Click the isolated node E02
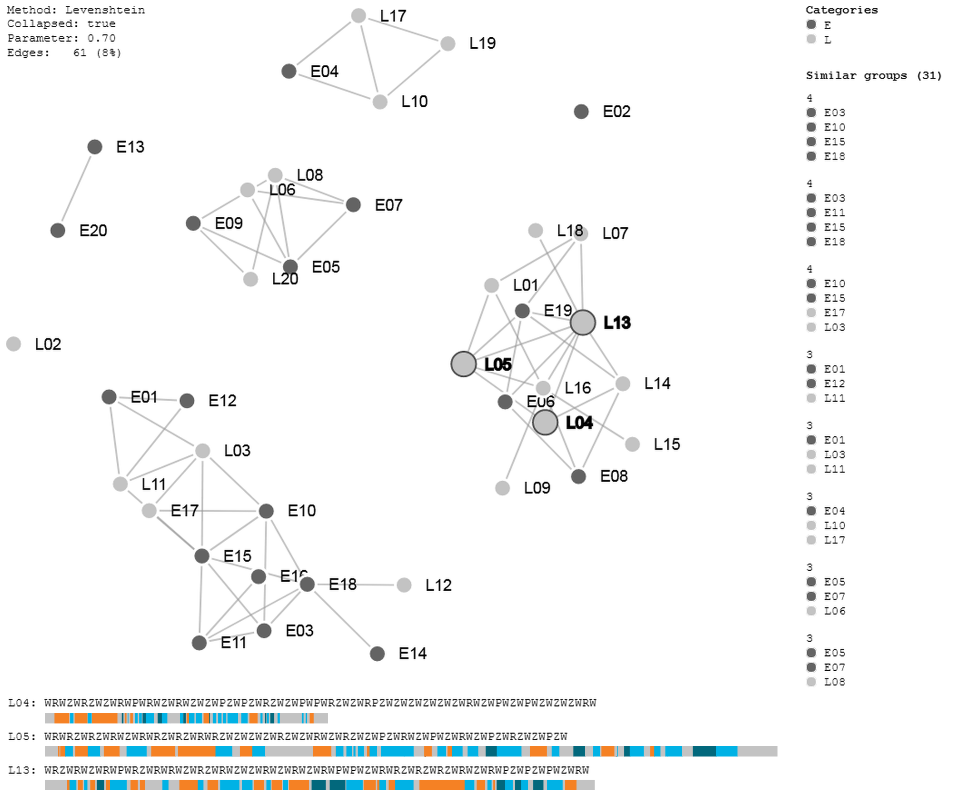click(x=581, y=111)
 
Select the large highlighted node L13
click(x=582, y=322)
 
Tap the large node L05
click(x=463, y=364)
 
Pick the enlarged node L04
click(x=545, y=423)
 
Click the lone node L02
click(x=14, y=344)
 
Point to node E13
click(x=94, y=147)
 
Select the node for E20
click(x=58, y=230)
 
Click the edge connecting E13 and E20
click(x=76, y=189)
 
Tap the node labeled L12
click(x=404, y=585)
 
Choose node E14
click(x=377, y=653)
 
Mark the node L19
click(x=448, y=44)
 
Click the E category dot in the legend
click(x=811, y=25)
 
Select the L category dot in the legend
click(x=811, y=39)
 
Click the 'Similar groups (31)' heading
click(x=873, y=75)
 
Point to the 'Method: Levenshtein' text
click(x=76, y=10)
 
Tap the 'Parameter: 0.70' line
click(x=61, y=38)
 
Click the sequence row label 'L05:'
click(x=22, y=737)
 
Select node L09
click(x=502, y=488)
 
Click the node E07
click(x=353, y=205)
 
